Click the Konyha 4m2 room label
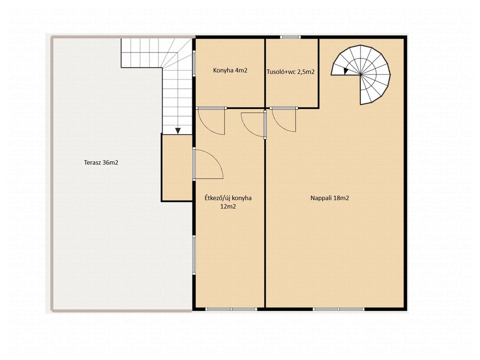(x=230, y=70)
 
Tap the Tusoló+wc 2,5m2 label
(x=291, y=72)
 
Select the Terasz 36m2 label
(x=101, y=163)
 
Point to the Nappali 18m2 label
(x=330, y=198)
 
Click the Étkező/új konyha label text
(x=228, y=198)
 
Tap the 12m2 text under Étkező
(x=228, y=207)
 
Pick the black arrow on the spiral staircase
(x=346, y=71)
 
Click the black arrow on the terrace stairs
(x=178, y=131)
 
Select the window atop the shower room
(x=290, y=37)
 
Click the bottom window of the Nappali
(x=338, y=309)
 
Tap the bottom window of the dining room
(x=231, y=309)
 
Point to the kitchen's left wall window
(x=194, y=63)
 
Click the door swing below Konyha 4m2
(x=211, y=121)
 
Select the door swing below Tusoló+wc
(x=284, y=120)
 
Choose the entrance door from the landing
(x=208, y=164)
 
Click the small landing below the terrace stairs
(x=177, y=167)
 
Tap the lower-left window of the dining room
(x=194, y=255)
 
